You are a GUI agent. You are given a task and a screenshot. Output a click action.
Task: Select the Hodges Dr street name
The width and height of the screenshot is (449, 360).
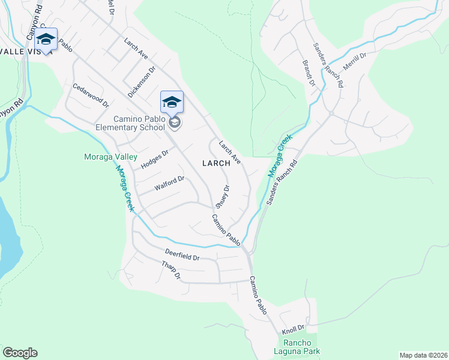(154, 159)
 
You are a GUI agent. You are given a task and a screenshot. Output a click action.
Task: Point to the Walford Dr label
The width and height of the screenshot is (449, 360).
(169, 183)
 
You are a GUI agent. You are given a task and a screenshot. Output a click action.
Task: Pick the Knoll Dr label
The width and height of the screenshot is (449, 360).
(294, 329)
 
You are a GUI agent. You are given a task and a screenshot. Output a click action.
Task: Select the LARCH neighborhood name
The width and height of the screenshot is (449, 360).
(216, 163)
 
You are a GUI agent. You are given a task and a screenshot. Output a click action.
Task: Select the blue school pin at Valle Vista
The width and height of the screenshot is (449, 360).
(46, 39)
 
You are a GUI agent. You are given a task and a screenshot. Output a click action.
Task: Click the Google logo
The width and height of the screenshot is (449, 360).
(20, 353)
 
